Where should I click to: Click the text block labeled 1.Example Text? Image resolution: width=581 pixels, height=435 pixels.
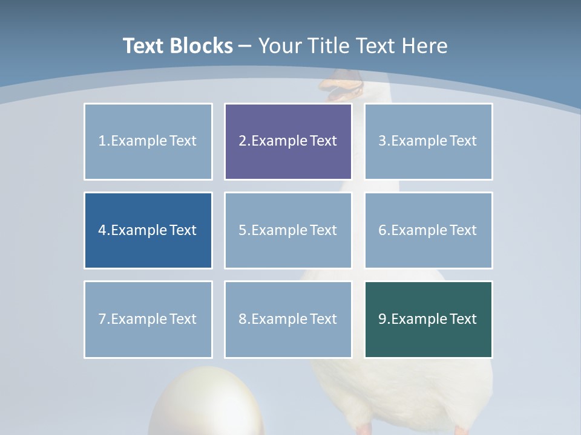148,141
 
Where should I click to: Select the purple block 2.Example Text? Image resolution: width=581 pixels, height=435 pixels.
288,141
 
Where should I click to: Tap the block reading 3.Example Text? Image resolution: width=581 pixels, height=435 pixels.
428,141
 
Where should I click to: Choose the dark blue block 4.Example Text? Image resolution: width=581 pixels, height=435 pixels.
148,230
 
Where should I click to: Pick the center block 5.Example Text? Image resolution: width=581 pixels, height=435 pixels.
288,230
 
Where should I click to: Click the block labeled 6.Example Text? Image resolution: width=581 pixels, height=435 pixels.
428,230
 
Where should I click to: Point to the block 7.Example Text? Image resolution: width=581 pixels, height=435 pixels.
148,319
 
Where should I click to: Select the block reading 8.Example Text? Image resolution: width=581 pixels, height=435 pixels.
288,319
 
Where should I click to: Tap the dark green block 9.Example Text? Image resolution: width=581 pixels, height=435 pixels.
428,319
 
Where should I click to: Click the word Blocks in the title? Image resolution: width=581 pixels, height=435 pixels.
202,46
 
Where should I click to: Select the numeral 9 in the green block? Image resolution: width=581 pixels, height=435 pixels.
382,319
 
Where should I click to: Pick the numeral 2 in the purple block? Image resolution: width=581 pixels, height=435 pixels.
243,141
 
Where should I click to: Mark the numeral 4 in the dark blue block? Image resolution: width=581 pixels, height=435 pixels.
102,230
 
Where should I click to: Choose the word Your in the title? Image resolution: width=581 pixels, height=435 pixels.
280,46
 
